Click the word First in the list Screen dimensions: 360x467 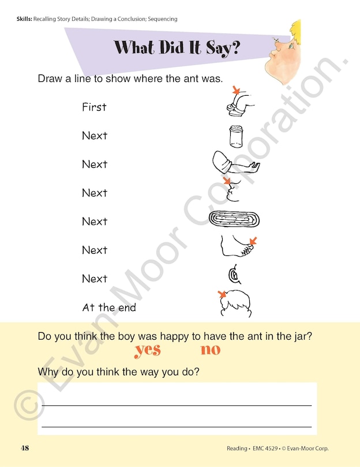(x=94, y=107)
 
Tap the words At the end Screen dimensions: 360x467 (x=109, y=307)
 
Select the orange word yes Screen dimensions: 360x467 (x=148, y=351)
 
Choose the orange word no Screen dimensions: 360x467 (x=211, y=349)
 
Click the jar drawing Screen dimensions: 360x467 (x=236, y=137)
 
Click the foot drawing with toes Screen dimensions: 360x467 (x=237, y=246)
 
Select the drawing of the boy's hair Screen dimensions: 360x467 (x=236, y=304)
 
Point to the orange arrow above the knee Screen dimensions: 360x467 (x=236, y=89)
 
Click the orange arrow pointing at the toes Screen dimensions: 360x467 (x=253, y=240)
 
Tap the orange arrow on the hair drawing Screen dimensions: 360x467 (x=222, y=294)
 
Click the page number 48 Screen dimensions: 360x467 (x=25, y=448)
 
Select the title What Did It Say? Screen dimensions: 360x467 (x=177, y=47)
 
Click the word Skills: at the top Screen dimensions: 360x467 (x=24, y=19)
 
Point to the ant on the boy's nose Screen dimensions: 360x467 (x=276, y=40)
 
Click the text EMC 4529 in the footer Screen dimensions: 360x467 (x=265, y=448)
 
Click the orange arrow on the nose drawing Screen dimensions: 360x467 (x=227, y=181)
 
